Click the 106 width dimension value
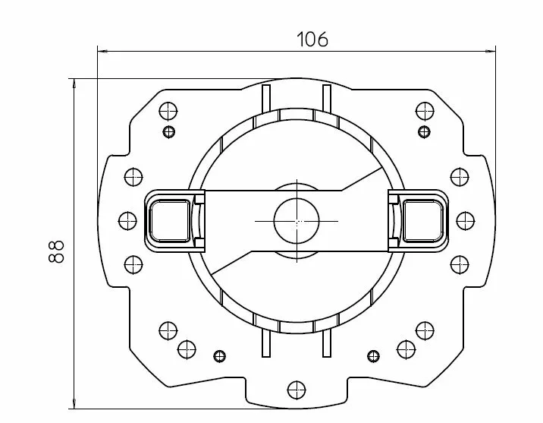312,39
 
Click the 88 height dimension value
56,251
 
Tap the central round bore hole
297,221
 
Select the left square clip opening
170,221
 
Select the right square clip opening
423,221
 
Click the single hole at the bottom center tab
297,390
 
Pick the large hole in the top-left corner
168,112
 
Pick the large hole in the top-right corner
425,112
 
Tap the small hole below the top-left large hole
168,131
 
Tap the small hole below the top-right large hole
424,131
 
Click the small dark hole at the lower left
220,356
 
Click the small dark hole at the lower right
373,356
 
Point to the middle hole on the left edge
127,221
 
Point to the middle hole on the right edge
466,221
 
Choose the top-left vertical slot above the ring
266,99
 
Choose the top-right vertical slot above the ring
327,98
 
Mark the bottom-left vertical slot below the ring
266,343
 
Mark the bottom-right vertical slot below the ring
327,343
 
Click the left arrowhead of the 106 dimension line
102,52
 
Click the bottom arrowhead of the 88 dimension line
74,403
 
